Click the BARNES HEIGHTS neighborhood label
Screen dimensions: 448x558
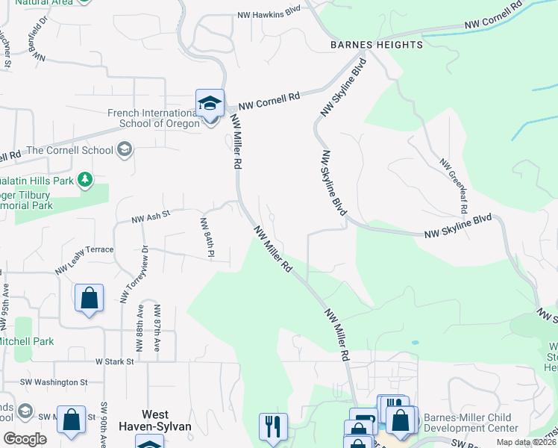377,45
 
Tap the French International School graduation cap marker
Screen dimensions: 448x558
210,104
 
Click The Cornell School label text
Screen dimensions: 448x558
70,150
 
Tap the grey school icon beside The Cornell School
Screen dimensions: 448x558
125,150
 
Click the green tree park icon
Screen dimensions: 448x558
86,179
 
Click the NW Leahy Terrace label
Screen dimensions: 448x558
84,250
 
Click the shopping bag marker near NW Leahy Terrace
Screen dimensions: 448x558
90,298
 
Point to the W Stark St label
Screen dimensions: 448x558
114,361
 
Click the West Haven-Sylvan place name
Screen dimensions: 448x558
166,420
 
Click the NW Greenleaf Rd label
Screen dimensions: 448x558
451,183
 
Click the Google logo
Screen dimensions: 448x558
25,438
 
